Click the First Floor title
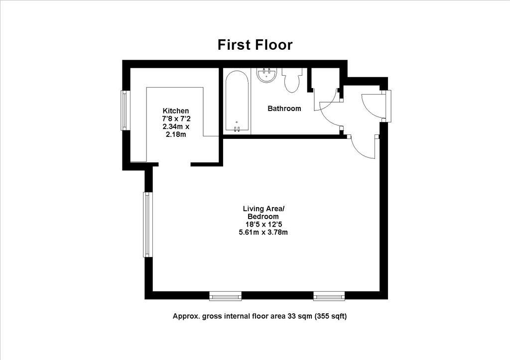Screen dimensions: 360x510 click(255, 45)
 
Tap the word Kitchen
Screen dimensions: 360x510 click(176, 111)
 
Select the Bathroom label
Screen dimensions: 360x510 click(284, 109)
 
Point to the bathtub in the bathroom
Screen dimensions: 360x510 click(237, 102)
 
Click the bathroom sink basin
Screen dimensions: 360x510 click(267, 75)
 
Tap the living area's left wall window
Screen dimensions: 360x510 click(147, 225)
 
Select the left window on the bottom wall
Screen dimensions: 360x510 click(226, 297)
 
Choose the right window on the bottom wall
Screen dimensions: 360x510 click(330, 297)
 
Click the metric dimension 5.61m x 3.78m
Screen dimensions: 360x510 click(263, 232)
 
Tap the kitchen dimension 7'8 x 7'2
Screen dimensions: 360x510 click(176, 119)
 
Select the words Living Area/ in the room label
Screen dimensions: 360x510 click(263, 209)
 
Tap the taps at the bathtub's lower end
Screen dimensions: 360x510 click(237, 129)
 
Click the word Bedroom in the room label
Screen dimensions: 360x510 click(263, 217)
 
